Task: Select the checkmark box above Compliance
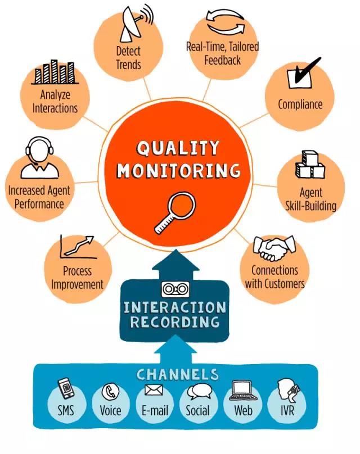click(x=302, y=74)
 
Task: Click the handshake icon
click(x=274, y=248)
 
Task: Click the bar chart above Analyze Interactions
click(x=55, y=72)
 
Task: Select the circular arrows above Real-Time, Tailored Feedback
click(x=226, y=22)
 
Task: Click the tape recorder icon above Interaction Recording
click(x=175, y=289)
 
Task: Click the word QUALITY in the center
click(x=178, y=148)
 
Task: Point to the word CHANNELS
click(x=177, y=374)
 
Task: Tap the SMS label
click(x=66, y=410)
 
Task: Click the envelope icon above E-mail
click(x=154, y=390)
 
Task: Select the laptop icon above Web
click(x=243, y=391)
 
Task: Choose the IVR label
click(x=287, y=410)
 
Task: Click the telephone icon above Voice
click(x=110, y=391)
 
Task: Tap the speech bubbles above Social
click(x=199, y=391)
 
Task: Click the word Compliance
click(x=300, y=105)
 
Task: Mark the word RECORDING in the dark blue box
click(x=175, y=322)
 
